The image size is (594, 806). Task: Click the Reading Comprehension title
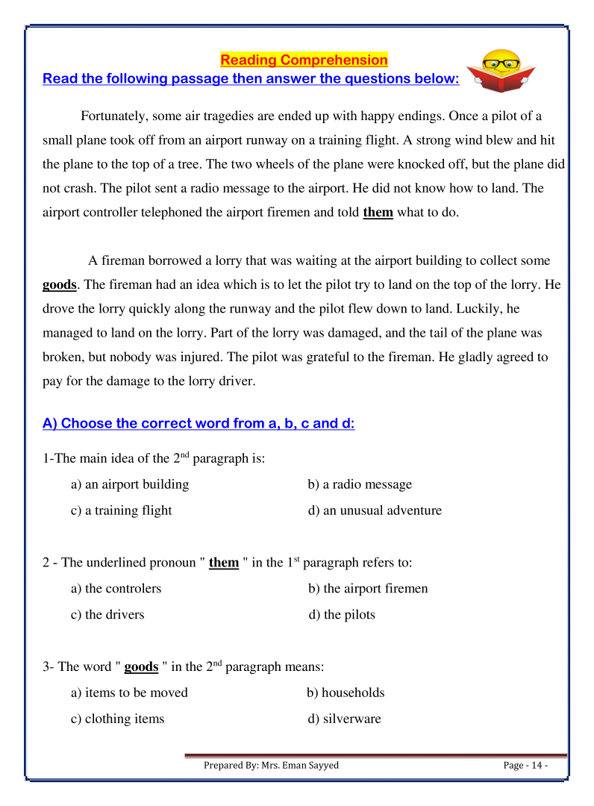[304, 60]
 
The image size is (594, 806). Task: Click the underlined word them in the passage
[378, 212]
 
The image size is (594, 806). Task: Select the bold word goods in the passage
[59, 285]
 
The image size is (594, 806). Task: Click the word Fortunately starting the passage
[116, 116]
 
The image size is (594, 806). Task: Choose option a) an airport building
[130, 484]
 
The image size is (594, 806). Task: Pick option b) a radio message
[360, 484]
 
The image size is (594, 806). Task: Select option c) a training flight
[122, 510]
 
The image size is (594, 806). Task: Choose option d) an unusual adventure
[375, 510]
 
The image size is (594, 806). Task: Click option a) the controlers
[116, 588]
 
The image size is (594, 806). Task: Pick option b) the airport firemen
[368, 588]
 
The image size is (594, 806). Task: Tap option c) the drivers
[108, 615]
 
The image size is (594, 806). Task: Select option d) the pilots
[342, 615]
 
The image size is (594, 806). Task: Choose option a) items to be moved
[130, 693]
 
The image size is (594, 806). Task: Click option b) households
[346, 693]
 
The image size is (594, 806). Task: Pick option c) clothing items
[118, 719]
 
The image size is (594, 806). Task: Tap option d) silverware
[344, 719]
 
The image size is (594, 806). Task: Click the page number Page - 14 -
[525, 766]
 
